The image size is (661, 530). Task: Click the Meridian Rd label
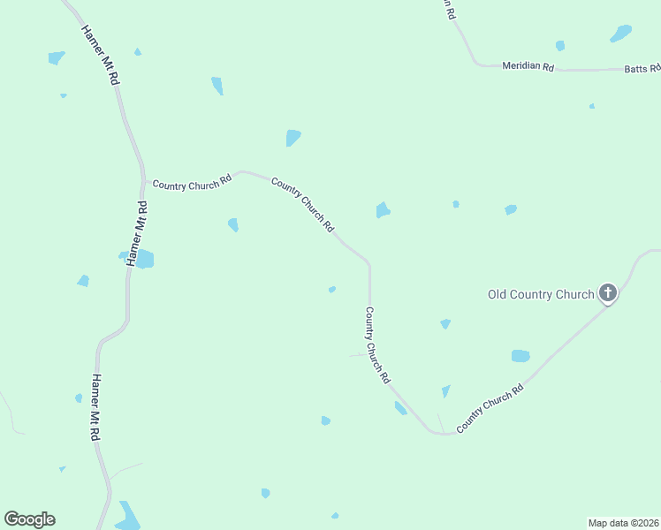tap(527, 66)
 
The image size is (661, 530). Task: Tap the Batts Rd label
tap(642, 68)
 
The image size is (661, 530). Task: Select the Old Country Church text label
tap(541, 294)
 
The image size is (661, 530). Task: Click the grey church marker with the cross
tap(607, 292)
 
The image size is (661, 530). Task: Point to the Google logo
tap(29, 519)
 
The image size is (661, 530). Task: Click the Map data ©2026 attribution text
tap(623, 522)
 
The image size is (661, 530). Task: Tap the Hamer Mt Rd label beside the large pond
tap(139, 233)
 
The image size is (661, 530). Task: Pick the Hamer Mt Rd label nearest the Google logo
tap(95, 408)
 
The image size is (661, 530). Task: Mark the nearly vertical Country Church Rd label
tap(377, 344)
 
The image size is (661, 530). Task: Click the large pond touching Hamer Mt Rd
tap(143, 259)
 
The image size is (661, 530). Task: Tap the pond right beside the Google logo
tap(127, 516)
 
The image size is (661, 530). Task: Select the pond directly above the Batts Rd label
tap(620, 34)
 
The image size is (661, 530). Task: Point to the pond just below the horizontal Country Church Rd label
tap(233, 224)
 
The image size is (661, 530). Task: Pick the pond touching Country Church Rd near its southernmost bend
tap(400, 407)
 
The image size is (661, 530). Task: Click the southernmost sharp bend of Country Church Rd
tap(436, 433)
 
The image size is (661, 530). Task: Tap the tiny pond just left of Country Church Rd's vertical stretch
tap(332, 289)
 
